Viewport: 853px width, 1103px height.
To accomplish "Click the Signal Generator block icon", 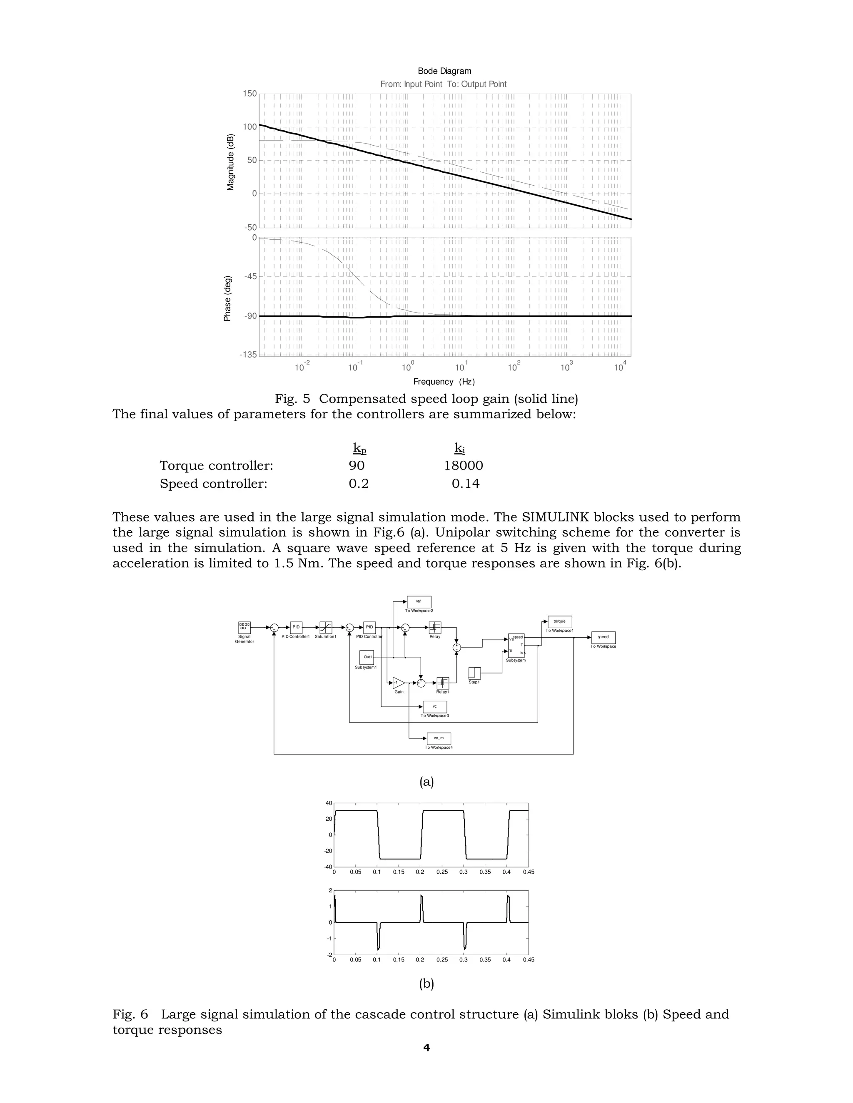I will (244, 627).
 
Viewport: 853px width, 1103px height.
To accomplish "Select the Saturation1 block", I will (326, 627).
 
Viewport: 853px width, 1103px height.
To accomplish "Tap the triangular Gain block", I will (398, 683).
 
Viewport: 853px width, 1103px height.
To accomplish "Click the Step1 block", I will (474, 673).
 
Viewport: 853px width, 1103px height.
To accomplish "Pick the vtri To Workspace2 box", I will (419, 601).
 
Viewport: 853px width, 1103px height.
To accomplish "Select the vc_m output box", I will (439, 738).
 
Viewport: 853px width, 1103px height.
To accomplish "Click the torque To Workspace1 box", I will (559, 622).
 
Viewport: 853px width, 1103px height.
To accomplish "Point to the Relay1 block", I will (442, 683).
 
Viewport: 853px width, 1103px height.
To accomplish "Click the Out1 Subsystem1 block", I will (367, 657).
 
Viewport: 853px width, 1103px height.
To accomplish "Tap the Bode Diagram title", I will (444, 71).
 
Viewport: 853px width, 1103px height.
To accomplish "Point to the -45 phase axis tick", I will (250, 276).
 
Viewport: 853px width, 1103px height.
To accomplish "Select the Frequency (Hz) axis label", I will (444, 382).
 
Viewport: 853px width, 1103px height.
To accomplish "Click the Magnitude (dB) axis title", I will (231, 161).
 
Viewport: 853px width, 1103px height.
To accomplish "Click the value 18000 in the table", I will (464, 466).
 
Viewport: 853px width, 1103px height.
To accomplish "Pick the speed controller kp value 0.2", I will (358, 484).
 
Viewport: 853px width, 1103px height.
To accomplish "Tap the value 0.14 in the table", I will (465, 484).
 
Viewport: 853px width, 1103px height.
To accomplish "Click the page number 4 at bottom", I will (426, 1048).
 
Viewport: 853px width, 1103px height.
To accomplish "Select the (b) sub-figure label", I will (426, 983).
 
